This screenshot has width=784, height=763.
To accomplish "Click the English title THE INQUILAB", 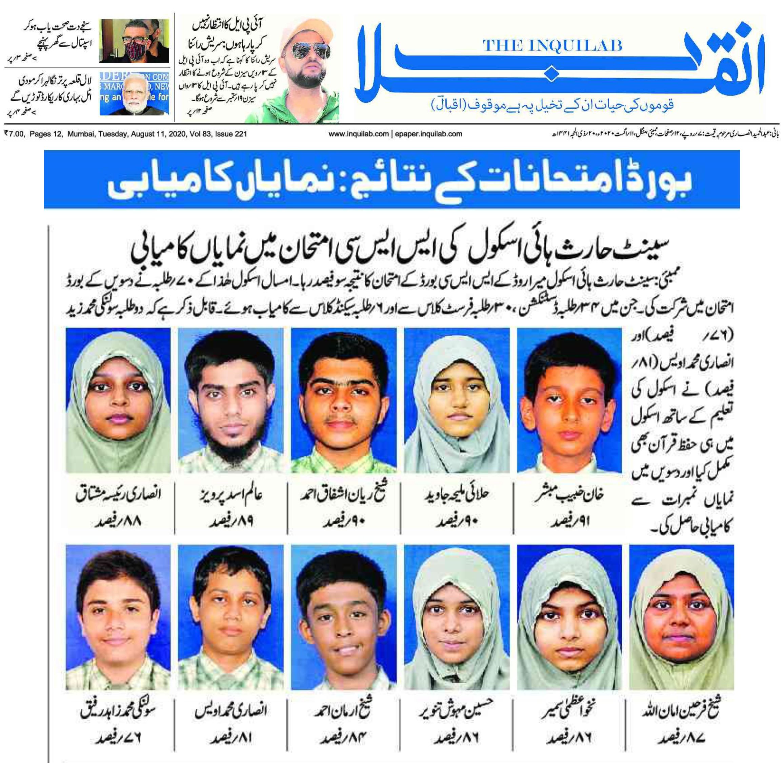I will pos(552,45).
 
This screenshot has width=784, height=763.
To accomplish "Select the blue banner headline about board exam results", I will pos(392,179).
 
